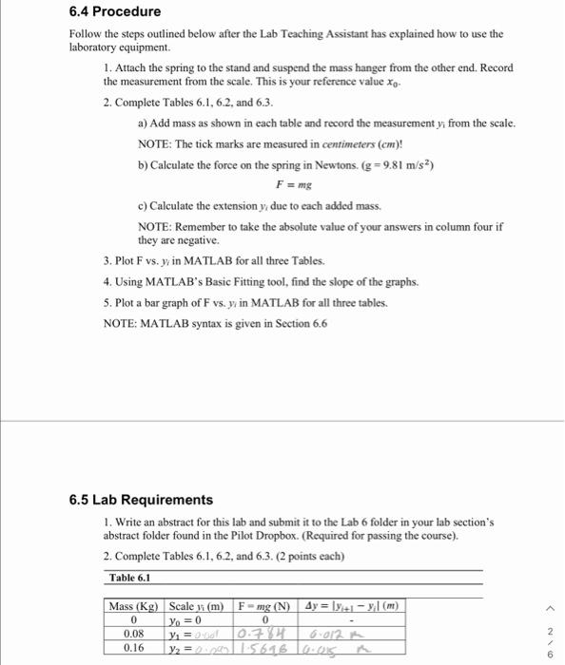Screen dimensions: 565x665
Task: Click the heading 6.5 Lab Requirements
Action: (x=141, y=500)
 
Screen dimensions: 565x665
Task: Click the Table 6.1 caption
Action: (x=131, y=577)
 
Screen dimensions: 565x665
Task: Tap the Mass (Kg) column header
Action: (x=134, y=606)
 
